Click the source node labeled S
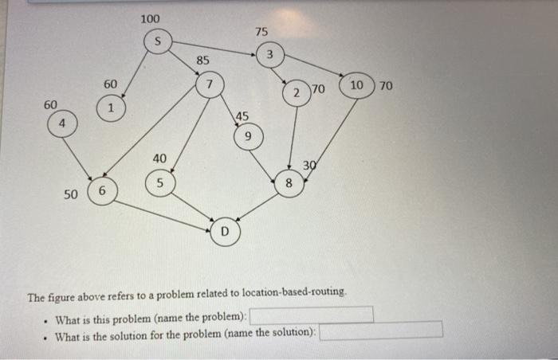[158, 41]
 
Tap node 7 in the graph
[209, 84]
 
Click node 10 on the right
[356, 85]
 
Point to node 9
[248, 138]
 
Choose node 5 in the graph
[159, 183]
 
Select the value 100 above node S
[149, 18]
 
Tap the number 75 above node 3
[261, 31]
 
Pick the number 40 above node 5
[159, 158]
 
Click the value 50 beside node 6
[71, 194]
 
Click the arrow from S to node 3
[215, 48]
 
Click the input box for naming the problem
[312, 315]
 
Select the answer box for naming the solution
[380, 330]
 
